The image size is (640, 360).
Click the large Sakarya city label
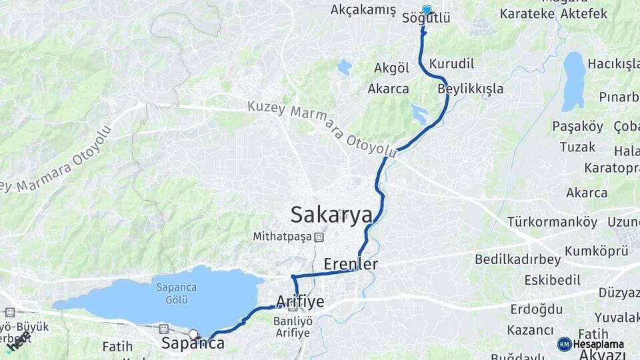pyautogui.click(x=331, y=215)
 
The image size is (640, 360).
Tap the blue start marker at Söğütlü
pyautogui.click(x=427, y=10)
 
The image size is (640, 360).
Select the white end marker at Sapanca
pyautogui.click(x=193, y=335)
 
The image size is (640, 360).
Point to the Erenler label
pyautogui.click(x=351, y=264)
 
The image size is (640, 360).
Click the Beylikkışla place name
pyautogui.click(x=471, y=89)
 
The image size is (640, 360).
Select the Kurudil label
pyautogui.click(x=452, y=64)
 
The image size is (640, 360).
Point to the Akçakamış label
pyautogui.click(x=363, y=10)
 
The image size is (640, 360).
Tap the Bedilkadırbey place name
pyautogui.click(x=517, y=260)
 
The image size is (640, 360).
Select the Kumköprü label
pyautogui.click(x=596, y=251)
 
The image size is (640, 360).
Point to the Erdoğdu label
pyautogui.click(x=536, y=309)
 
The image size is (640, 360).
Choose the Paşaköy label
pyautogui.click(x=577, y=126)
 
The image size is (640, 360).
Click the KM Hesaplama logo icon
pyautogui.click(x=565, y=344)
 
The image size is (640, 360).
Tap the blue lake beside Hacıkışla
pyautogui.click(x=573, y=81)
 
